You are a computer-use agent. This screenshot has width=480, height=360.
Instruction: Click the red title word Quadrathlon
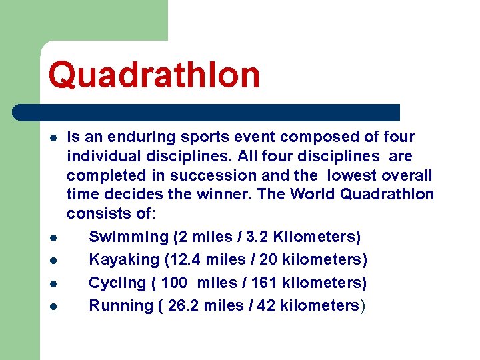pyautogui.click(x=154, y=74)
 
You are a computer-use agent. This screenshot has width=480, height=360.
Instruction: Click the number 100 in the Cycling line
pyautogui.click(x=174, y=283)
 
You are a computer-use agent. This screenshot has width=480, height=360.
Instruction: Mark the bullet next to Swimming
pyautogui.click(x=52, y=237)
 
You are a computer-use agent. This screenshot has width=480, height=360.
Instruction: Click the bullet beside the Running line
pyautogui.click(x=52, y=307)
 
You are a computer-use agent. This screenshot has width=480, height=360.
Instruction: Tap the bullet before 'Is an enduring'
pyautogui.click(x=52, y=138)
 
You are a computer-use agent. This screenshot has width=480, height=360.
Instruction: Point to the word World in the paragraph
pyautogui.click(x=315, y=195)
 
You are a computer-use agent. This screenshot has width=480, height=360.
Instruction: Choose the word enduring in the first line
pyautogui.click(x=141, y=137)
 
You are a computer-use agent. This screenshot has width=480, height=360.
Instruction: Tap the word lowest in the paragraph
pyautogui.click(x=352, y=175)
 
